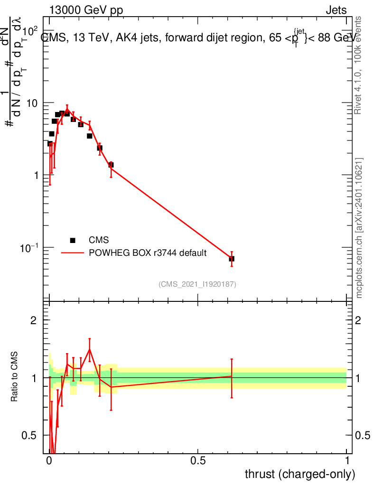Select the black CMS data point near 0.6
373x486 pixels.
(x=232, y=259)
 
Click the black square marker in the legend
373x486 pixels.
(x=73, y=240)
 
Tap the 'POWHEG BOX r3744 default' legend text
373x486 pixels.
(x=148, y=253)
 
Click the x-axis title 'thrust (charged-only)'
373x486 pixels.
(x=299, y=474)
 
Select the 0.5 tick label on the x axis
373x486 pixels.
(x=198, y=460)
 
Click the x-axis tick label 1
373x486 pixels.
(x=346, y=460)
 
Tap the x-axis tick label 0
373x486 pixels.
(x=49, y=460)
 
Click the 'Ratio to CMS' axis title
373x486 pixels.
(x=14, y=377)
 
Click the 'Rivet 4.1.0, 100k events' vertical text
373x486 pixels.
(x=358, y=65)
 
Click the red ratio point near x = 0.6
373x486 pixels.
(x=232, y=376)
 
